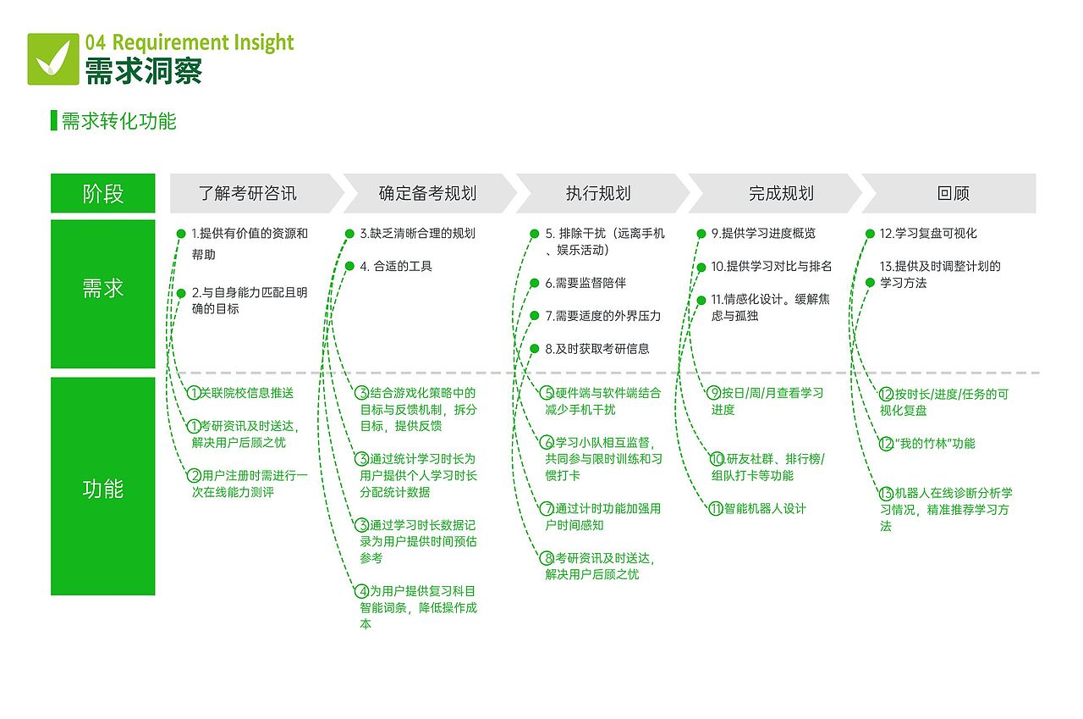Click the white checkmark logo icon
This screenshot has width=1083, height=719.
pos(53,58)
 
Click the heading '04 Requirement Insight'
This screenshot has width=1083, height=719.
pos(189,42)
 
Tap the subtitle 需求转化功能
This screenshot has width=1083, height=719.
pos(118,121)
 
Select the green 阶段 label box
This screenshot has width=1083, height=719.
pos(103,194)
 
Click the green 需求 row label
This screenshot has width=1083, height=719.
pos(103,289)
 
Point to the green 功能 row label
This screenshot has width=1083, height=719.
pos(103,489)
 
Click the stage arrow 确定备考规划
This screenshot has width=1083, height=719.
pos(427,194)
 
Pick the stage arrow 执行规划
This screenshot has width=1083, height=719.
pos(598,194)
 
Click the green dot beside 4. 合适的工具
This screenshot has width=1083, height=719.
pos(349,266)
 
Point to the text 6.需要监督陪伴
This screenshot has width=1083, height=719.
pos(585,283)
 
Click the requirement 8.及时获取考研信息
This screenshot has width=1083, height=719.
pos(597,348)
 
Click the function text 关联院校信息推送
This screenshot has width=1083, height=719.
pos(247,393)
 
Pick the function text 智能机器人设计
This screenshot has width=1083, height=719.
pos(765,509)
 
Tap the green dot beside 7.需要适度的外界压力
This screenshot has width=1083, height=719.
pos(535,316)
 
